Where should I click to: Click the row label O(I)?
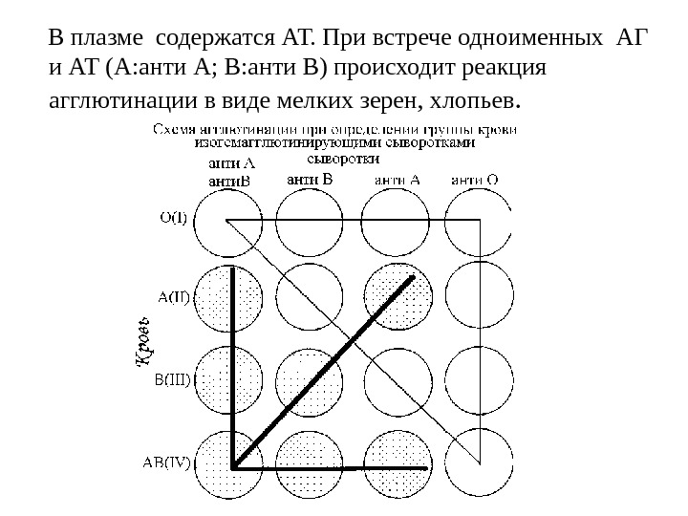[173, 216]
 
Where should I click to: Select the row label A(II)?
[175, 297]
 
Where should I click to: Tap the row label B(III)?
[173, 377]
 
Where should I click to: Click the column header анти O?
[475, 178]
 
